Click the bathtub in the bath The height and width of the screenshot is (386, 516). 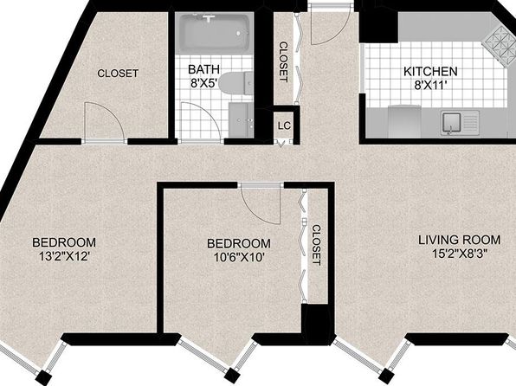coord(214,33)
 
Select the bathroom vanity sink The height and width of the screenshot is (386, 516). coord(241,119)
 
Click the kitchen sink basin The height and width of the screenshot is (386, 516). coord(452,122)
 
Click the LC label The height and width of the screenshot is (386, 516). coord(284,125)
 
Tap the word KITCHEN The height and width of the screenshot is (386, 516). coord(430,72)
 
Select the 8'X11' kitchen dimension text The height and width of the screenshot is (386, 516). coord(430,85)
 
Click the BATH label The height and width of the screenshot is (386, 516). coord(203,69)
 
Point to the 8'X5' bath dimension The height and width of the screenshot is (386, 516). coord(204,83)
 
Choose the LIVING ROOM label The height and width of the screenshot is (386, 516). coord(460,240)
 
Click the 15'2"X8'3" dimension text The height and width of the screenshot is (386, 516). coord(460,254)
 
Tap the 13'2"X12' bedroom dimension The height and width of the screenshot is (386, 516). coord(64,256)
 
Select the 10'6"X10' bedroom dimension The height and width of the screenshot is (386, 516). coord(239,257)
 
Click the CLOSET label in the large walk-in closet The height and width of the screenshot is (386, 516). coord(118,73)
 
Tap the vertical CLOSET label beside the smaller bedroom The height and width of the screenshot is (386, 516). coord(316,245)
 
